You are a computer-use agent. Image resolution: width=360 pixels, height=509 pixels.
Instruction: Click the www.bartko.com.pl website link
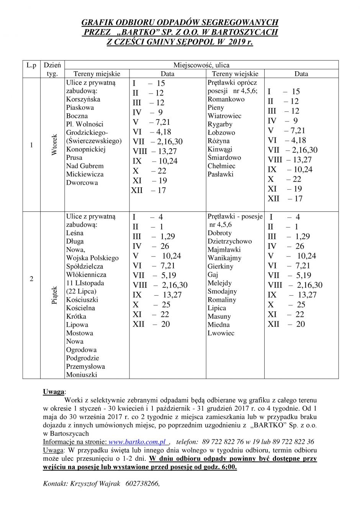pos(137,442)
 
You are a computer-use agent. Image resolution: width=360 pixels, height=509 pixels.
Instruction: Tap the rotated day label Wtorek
pos(54,144)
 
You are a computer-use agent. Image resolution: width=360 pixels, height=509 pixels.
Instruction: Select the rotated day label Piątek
pos(54,295)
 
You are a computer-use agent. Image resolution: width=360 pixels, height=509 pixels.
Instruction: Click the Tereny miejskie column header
pos(97,74)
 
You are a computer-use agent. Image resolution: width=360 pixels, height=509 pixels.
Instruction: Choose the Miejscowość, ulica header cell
pos(201,65)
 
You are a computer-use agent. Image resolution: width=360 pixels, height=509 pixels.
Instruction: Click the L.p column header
pos(31,65)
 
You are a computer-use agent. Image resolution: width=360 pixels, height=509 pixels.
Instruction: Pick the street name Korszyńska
pos(83,99)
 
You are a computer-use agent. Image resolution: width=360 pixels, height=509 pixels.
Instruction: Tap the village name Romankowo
pos(226,99)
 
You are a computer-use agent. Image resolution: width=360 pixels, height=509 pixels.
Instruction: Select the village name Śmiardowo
pos(224,157)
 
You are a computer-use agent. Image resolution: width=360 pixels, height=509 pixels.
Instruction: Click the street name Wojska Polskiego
pos(92,258)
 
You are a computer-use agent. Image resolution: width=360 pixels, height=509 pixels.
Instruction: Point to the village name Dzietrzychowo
pos(229,241)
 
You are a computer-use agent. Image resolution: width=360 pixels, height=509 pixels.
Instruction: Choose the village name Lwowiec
pos(221,333)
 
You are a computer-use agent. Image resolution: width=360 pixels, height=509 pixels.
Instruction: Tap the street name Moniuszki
pos(81,375)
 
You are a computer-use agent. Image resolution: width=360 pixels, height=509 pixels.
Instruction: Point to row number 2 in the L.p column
pos(31,278)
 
